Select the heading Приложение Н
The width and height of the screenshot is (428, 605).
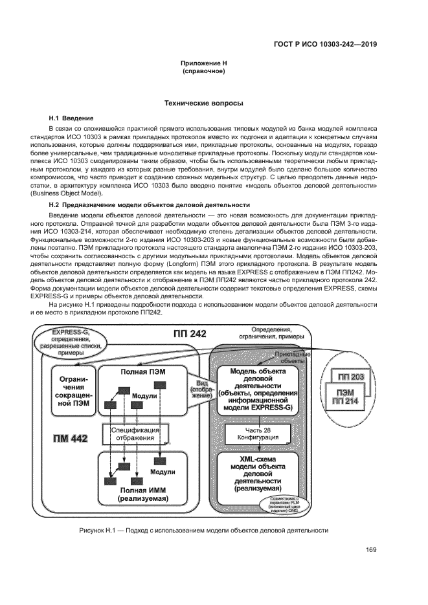[203, 63]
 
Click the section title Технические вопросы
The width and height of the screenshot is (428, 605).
[203, 103]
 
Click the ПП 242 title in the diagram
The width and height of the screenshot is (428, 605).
[190, 335]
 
